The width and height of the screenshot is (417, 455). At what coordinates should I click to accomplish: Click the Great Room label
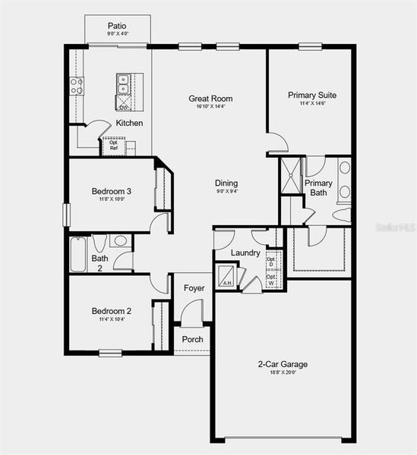[211, 99]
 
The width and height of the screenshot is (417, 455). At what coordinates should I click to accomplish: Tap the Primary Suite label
[312, 96]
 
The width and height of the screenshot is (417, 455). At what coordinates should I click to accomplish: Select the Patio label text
[117, 26]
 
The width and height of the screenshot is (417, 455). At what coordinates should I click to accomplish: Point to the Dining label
[226, 183]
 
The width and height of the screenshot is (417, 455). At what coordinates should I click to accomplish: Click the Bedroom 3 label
[112, 190]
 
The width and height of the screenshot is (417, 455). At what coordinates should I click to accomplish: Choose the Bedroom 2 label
[112, 311]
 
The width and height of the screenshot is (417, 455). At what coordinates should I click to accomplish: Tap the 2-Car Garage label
[283, 364]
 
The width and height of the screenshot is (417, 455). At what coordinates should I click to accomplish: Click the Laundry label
[245, 253]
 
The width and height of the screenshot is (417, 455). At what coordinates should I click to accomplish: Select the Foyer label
[194, 288]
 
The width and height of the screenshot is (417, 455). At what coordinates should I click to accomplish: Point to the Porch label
[193, 339]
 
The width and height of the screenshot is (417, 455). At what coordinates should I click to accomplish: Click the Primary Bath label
[318, 188]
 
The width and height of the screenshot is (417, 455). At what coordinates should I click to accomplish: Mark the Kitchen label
[129, 123]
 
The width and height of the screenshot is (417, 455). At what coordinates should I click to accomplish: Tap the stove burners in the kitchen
[77, 86]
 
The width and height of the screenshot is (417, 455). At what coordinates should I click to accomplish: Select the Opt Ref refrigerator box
[113, 145]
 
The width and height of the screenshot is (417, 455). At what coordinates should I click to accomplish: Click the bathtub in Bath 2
[79, 254]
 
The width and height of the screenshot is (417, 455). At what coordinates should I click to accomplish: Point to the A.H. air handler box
[226, 276]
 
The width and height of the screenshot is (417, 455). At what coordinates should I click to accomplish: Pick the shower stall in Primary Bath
[291, 176]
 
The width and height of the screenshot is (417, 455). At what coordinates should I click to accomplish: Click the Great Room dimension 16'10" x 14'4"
[211, 107]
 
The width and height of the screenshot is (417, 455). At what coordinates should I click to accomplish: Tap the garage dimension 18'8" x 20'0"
[283, 372]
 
